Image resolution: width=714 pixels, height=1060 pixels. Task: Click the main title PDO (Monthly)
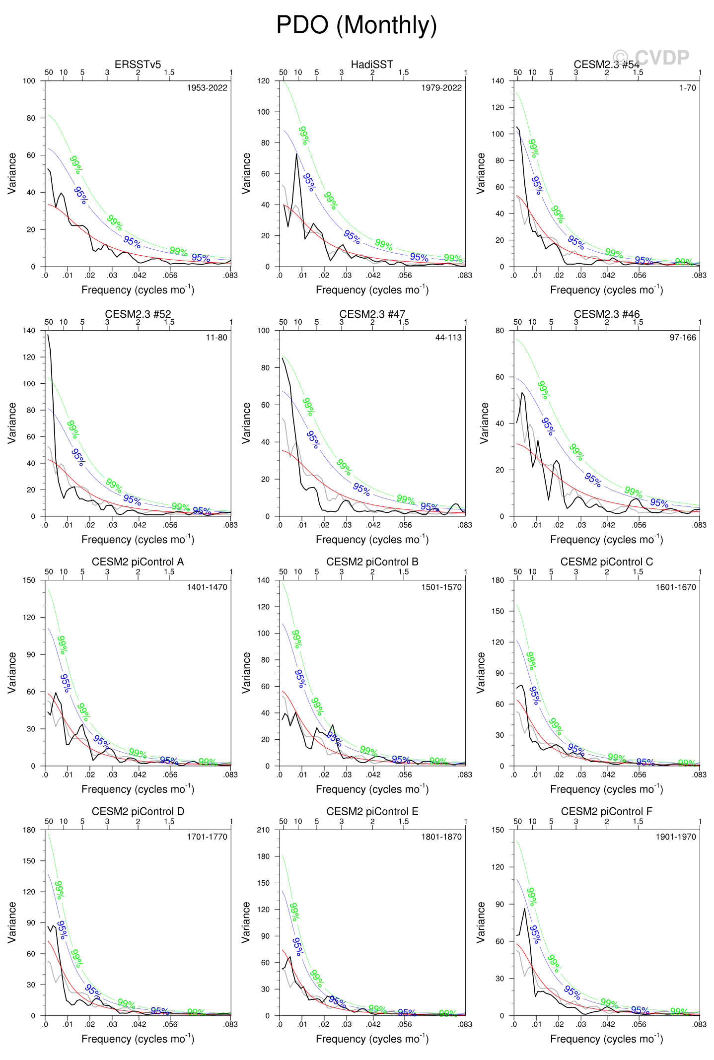(x=357, y=25)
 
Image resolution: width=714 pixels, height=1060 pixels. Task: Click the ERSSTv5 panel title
(x=138, y=65)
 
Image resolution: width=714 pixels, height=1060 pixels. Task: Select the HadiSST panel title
(x=372, y=65)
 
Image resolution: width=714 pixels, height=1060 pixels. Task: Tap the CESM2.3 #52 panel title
(x=138, y=314)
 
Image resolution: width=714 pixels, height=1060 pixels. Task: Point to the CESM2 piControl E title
(x=372, y=811)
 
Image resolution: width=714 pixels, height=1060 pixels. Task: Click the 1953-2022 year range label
(x=207, y=88)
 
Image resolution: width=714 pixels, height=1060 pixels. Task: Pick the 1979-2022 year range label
(x=441, y=88)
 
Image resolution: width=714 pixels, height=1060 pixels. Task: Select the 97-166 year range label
(x=682, y=338)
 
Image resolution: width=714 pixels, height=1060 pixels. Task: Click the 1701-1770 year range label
(x=207, y=837)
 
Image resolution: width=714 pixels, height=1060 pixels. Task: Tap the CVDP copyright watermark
(x=650, y=58)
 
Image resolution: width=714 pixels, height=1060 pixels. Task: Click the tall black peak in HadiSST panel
(x=296, y=154)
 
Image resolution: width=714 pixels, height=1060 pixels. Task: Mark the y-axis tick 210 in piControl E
(x=263, y=830)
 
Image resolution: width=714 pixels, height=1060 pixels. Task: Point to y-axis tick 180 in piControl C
(x=498, y=580)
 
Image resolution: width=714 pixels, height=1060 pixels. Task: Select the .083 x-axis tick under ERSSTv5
(x=230, y=276)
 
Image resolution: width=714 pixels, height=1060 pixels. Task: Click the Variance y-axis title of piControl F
(x=481, y=922)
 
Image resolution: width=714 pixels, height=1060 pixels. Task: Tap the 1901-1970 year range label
(x=675, y=837)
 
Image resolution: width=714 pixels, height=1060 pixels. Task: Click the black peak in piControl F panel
(x=524, y=909)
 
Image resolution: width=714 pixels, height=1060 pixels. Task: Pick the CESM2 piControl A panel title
(x=138, y=562)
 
